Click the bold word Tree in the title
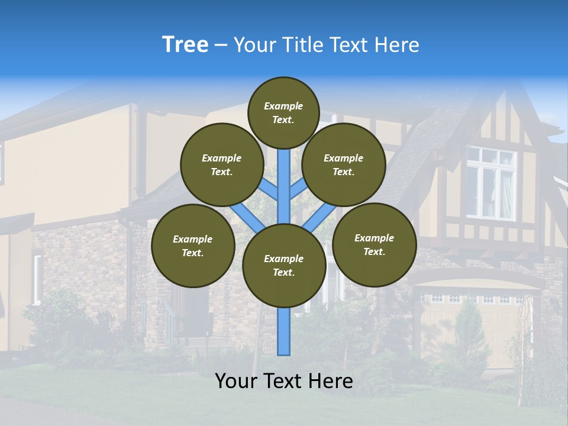pos(185,45)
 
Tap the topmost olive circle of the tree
pos(283,112)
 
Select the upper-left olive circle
pos(222,164)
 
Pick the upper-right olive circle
pos(344,164)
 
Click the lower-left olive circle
pos(193,246)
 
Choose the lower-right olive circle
pos(375,244)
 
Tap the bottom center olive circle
pos(284,266)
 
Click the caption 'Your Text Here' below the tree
pos(284,381)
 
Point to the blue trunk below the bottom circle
pos(284,331)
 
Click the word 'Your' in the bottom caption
pos(237,381)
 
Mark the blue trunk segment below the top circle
pos(284,177)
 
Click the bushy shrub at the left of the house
pos(56,319)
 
